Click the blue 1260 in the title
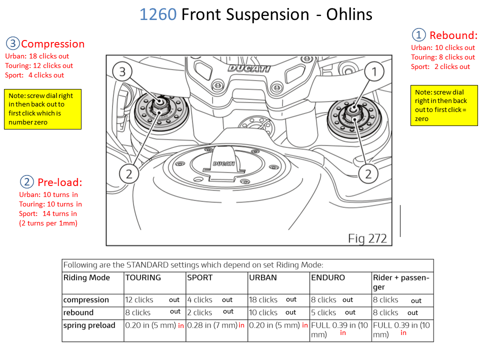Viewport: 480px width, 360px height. click(157, 14)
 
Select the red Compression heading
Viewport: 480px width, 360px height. click(52, 44)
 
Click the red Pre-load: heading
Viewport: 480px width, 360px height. click(59, 182)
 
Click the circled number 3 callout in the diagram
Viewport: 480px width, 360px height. click(122, 71)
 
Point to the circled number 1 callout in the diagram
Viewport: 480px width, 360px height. click(373, 71)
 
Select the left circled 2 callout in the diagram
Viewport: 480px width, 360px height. click(129, 174)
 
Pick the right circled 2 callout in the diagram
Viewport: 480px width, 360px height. click(368, 174)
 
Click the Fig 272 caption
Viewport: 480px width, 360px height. click(367, 238)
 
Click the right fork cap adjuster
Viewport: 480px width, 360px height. click(350, 113)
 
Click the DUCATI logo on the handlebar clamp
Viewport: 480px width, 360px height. click(248, 68)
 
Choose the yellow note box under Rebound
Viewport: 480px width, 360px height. click(444, 105)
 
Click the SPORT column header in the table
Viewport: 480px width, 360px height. click(200, 277)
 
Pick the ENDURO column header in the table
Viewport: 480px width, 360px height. click(328, 277)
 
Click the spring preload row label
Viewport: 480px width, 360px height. click(89, 325)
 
